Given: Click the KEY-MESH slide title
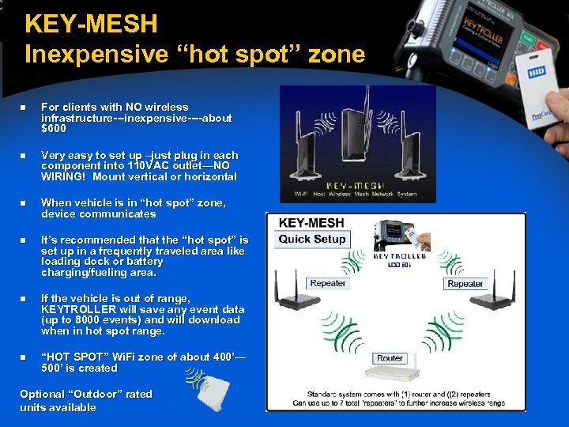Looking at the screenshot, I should click(92, 24).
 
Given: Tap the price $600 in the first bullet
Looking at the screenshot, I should click(55, 129).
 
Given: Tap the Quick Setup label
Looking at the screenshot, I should click(313, 239).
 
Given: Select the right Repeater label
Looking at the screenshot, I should click(465, 284).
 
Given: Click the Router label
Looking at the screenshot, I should click(390, 358).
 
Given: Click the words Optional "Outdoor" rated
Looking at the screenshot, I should click(86, 394).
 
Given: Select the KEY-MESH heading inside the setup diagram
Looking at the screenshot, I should click(311, 223).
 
